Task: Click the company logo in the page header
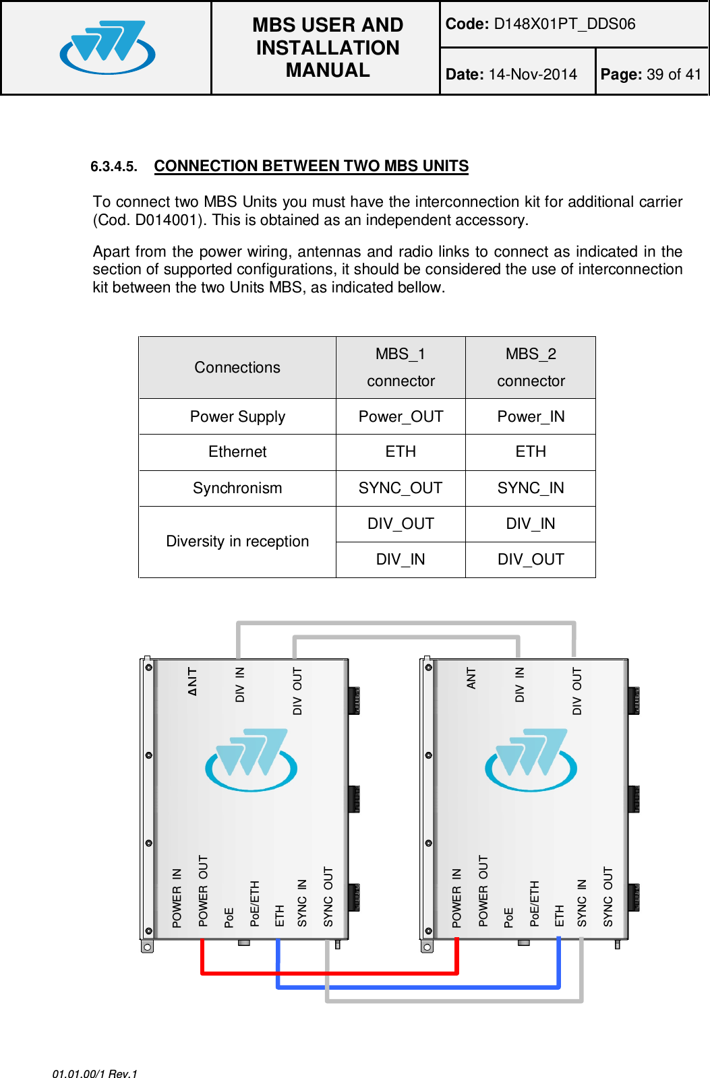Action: pyautogui.click(x=107, y=47)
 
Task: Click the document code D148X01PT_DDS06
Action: pyautogui.click(x=564, y=24)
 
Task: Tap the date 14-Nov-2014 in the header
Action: pyautogui.click(x=533, y=74)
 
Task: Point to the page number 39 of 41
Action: pyautogui.click(x=674, y=74)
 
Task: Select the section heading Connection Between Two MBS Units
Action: pyautogui.click(x=311, y=166)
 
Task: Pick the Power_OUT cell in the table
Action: pyautogui.click(x=401, y=416)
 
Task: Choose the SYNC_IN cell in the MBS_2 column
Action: pyautogui.click(x=531, y=488)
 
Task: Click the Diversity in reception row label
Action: pyautogui.click(x=237, y=542)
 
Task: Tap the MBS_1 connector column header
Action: pyautogui.click(x=401, y=367)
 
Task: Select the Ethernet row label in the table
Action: pyautogui.click(x=237, y=452)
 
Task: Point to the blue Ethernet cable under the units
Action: pyautogui.click(x=418, y=987)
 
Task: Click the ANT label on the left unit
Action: pyautogui.click(x=193, y=681)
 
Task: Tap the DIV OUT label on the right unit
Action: pyautogui.click(x=577, y=691)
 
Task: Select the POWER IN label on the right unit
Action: pyautogui.click(x=457, y=898)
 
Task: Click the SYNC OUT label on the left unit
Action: pyautogui.click(x=328, y=897)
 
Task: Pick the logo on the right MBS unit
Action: pyautogui.click(x=531, y=759)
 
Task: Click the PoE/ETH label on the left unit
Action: pyautogui.click(x=255, y=903)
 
